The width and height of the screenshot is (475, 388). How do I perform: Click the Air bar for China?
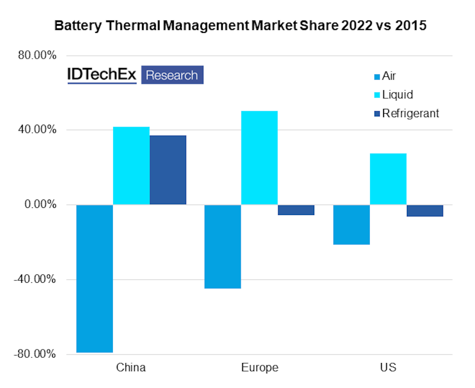(95, 278)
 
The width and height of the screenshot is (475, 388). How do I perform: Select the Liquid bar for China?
(131, 165)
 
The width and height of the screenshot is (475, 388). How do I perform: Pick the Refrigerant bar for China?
(168, 170)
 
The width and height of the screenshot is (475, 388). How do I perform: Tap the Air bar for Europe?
(222, 246)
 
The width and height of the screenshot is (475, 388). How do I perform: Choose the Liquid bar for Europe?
(259, 158)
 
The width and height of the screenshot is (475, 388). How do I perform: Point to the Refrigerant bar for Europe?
(296, 210)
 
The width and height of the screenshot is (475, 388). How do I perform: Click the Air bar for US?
(351, 224)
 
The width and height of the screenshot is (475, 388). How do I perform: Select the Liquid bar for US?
(388, 179)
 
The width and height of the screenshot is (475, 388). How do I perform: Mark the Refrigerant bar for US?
(425, 211)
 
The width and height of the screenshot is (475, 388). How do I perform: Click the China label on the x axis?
(131, 367)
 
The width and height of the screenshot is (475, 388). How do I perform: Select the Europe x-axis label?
(259, 367)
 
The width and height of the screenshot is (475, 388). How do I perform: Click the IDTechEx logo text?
(102, 75)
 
